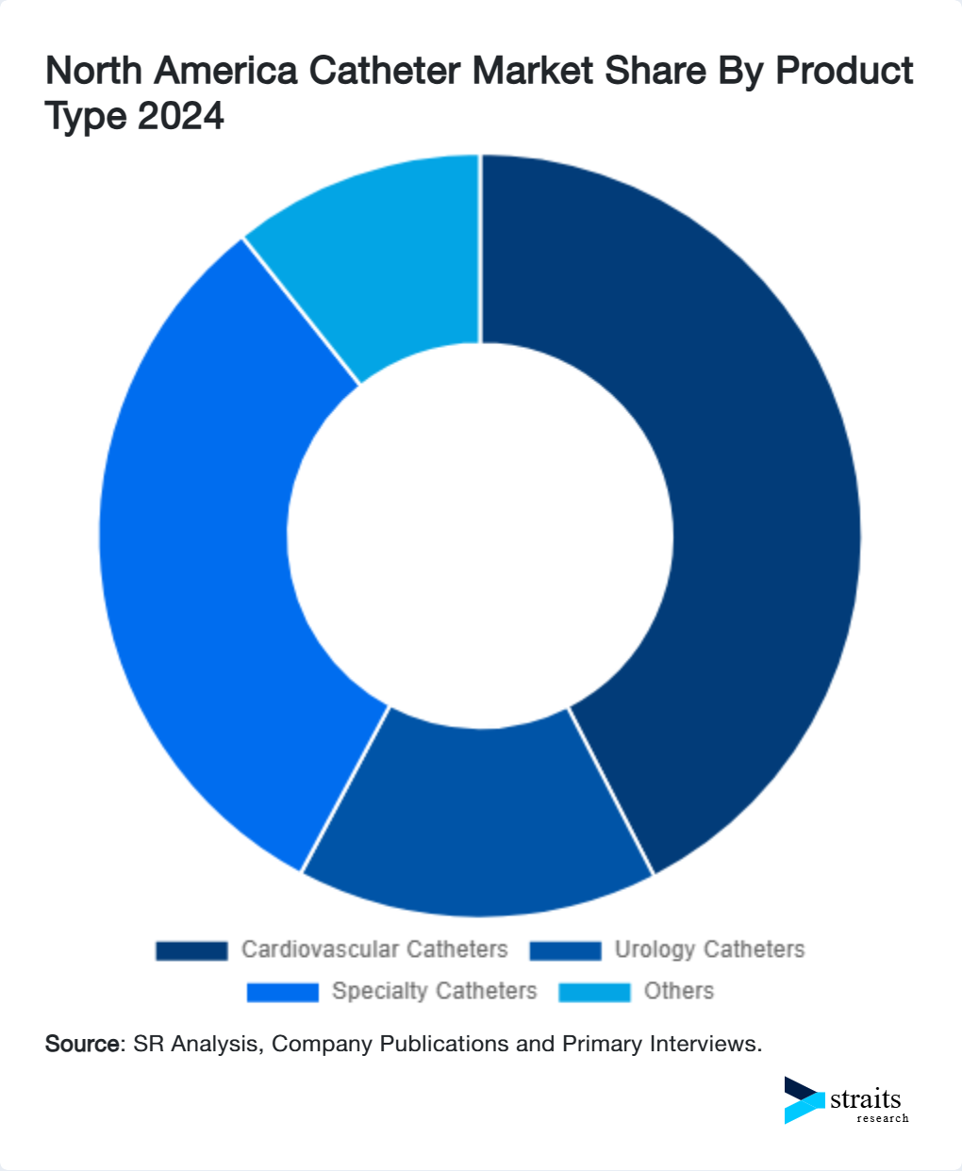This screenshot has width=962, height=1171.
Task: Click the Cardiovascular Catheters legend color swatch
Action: pos(191,950)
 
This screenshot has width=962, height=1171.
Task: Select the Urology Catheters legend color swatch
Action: pos(565,950)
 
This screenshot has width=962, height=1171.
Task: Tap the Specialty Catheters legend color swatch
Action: pos(282,992)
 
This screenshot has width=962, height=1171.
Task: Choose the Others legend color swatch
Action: pos(594,992)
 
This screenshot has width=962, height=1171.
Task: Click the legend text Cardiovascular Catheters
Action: pos(374,949)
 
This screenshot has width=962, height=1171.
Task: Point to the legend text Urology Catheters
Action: pos(709,949)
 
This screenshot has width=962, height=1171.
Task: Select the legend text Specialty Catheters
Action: pos(434,992)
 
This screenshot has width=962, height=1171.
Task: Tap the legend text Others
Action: pos(679,992)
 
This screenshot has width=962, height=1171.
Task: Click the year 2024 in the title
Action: pos(180,116)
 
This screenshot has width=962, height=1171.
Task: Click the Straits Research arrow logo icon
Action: pos(804,1100)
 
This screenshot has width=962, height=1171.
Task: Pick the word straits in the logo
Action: pos(866,1099)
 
